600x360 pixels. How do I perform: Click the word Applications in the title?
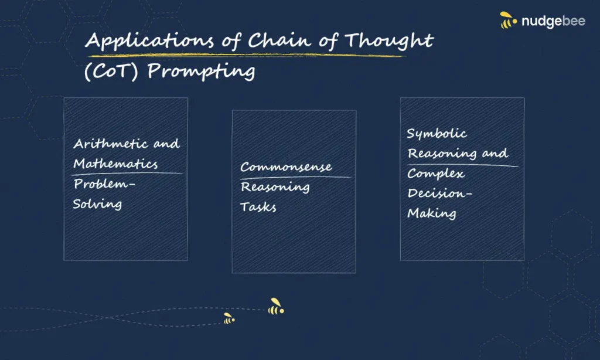pos(149,40)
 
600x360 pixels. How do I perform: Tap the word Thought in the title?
pos(389,40)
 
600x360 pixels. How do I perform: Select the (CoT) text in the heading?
pos(111,72)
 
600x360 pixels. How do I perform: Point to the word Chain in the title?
pos(279,40)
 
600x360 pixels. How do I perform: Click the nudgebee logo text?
pos(553,21)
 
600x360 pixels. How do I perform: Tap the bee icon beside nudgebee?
pos(508,20)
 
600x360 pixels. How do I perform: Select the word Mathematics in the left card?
pos(115,164)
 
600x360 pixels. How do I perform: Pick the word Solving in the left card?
pos(97,204)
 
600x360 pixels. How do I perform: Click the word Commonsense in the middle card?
pos(286,167)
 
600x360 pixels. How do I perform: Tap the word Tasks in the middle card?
pos(258,207)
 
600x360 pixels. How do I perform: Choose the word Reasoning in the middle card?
pos(275,187)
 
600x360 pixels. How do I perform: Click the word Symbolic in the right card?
pos(437,134)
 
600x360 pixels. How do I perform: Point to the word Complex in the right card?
pos(436,174)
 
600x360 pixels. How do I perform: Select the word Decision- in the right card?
pos(439,193)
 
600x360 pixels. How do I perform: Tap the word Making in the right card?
pos(432,213)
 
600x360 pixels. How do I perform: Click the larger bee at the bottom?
pos(276,307)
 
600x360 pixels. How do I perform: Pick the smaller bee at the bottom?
pos(229,318)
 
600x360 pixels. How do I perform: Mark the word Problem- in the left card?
pos(104,184)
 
